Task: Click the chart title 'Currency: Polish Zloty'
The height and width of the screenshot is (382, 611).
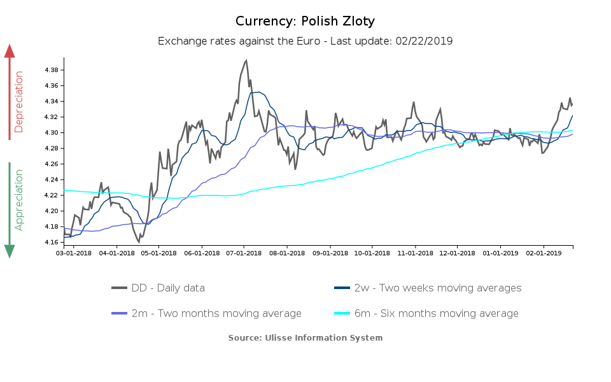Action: pos(305,21)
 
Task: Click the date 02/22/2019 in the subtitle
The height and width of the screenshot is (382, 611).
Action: pos(423,41)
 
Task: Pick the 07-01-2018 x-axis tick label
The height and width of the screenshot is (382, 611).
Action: pos(244,253)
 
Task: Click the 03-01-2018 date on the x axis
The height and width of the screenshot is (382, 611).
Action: pos(74,253)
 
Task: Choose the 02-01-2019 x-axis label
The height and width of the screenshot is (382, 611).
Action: pos(544,253)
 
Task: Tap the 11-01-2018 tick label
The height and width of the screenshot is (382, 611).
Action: pos(415,253)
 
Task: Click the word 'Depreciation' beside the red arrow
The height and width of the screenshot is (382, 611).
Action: pos(18,102)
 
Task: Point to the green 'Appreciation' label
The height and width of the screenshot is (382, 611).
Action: pos(18,199)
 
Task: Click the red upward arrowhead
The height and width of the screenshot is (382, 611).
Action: pos(10,51)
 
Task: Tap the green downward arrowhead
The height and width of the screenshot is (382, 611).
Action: pos(10,251)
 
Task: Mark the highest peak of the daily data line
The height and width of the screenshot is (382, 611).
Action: pos(246,60)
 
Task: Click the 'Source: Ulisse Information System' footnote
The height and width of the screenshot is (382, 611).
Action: pos(305,337)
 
